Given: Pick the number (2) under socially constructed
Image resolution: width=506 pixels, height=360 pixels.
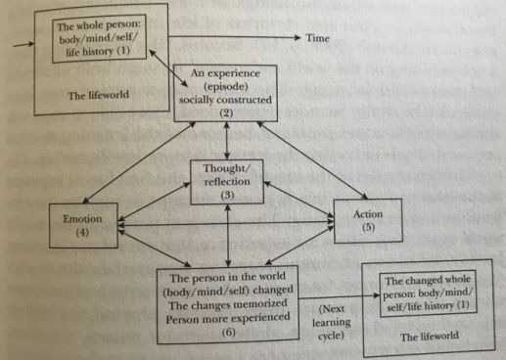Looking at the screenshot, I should (226, 113).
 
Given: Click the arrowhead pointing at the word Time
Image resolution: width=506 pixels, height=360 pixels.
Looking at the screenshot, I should (297, 36).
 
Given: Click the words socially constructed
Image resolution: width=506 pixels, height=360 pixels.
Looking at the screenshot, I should (226, 102).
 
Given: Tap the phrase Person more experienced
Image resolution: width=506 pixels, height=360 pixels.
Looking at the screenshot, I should (227, 317).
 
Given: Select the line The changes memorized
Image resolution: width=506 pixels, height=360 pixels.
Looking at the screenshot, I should (227, 304).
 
